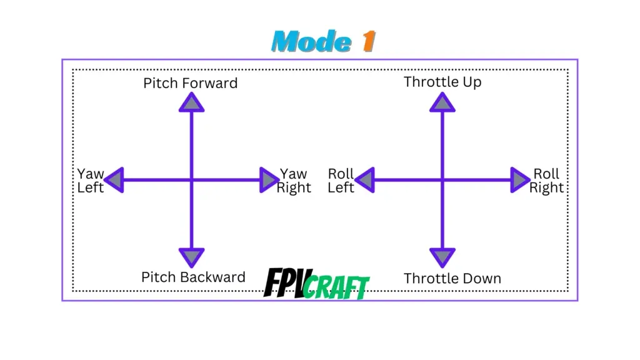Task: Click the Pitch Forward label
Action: point(191,83)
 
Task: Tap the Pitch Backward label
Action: point(193,277)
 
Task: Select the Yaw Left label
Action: point(91,181)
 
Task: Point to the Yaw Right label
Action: point(294,181)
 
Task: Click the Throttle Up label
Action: point(442,82)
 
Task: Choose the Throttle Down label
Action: point(452,278)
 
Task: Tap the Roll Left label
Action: point(341,181)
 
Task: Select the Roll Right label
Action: point(547,181)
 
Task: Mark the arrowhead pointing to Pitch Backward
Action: point(191,256)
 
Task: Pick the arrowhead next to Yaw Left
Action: point(114,180)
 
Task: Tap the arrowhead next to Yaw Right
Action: point(269,180)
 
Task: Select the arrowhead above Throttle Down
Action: point(442,256)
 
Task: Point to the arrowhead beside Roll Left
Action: point(365,180)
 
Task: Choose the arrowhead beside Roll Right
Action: point(520,180)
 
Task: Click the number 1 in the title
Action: point(368,42)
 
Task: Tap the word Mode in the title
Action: point(311,42)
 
